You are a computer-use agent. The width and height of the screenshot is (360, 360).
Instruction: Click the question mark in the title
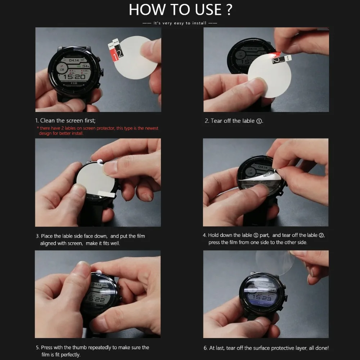pos(229,9)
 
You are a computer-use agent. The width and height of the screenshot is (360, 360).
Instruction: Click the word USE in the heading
pos(208,10)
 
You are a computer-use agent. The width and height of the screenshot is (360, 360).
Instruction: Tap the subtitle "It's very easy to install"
pos(180,23)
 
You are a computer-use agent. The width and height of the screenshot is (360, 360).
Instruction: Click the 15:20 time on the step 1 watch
pos(74,77)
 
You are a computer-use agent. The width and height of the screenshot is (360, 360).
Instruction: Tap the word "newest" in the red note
pos(151,128)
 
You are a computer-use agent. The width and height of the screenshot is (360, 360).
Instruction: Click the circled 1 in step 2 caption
pos(259,121)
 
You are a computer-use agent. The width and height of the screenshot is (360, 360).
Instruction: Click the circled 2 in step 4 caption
pos(321,235)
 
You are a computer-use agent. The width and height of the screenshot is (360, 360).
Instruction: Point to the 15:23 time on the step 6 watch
pos(262,298)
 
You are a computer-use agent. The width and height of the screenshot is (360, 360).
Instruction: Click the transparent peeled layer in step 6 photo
pos(275,262)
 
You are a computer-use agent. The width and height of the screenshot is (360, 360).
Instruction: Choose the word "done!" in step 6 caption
pos(322,348)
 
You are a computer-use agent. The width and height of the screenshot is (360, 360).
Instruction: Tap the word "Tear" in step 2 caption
pos(216,121)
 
